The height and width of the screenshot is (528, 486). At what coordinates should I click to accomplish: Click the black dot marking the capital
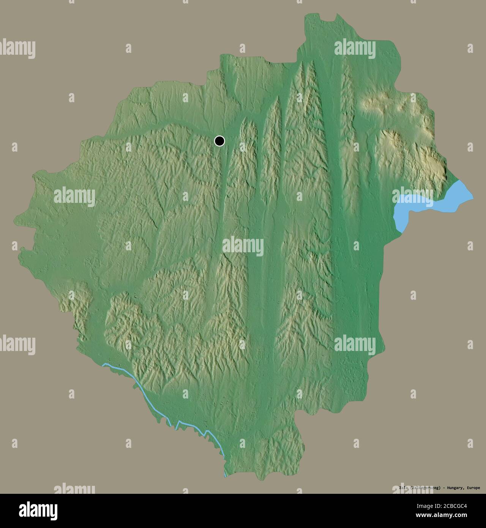coord(219,141)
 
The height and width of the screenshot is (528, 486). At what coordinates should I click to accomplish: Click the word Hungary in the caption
coord(454,488)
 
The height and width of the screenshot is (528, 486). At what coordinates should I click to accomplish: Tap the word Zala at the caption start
coord(404,488)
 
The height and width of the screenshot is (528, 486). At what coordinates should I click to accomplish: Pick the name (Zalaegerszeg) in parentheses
coord(426,488)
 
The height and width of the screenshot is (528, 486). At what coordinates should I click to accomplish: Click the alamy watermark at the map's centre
coord(243,246)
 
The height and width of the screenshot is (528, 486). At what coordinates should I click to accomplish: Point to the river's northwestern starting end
coord(104,365)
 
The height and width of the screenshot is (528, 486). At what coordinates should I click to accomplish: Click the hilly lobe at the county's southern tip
coord(281,456)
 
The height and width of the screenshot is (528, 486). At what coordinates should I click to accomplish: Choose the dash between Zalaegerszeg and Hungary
coord(444,488)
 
